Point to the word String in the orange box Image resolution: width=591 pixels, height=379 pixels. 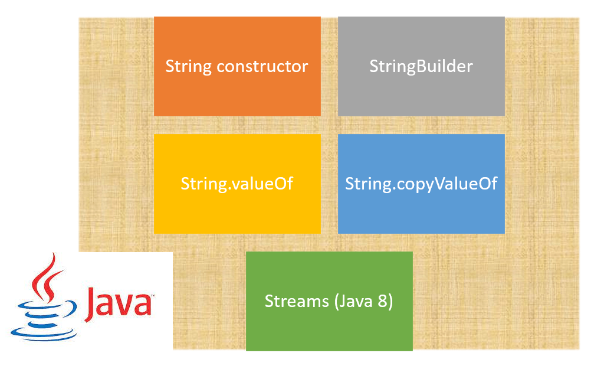tap(189, 66)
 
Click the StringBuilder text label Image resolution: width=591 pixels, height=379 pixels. tap(421, 66)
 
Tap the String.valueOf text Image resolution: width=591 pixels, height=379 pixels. tap(237, 184)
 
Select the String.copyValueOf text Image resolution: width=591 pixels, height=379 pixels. tap(421, 184)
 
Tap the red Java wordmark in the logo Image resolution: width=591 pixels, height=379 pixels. tap(118, 303)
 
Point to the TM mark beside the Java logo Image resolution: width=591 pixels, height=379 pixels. tap(151, 295)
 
